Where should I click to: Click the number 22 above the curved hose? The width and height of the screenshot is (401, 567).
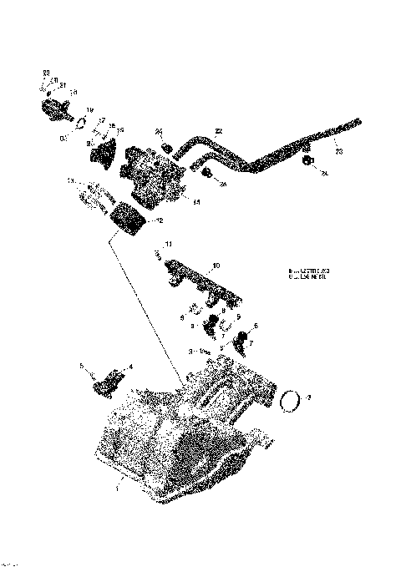coord(218,131)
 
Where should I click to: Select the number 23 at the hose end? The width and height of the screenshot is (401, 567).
coord(338,151)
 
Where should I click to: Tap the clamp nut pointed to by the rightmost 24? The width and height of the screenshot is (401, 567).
coord(308,159)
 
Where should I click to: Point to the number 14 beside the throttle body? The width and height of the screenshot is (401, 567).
coord(195,201)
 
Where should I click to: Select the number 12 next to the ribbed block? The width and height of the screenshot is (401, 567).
coord(159,220)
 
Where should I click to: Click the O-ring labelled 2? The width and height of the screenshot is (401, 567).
coord(290,401)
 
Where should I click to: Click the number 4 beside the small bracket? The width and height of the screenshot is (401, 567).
coord(129,367)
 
